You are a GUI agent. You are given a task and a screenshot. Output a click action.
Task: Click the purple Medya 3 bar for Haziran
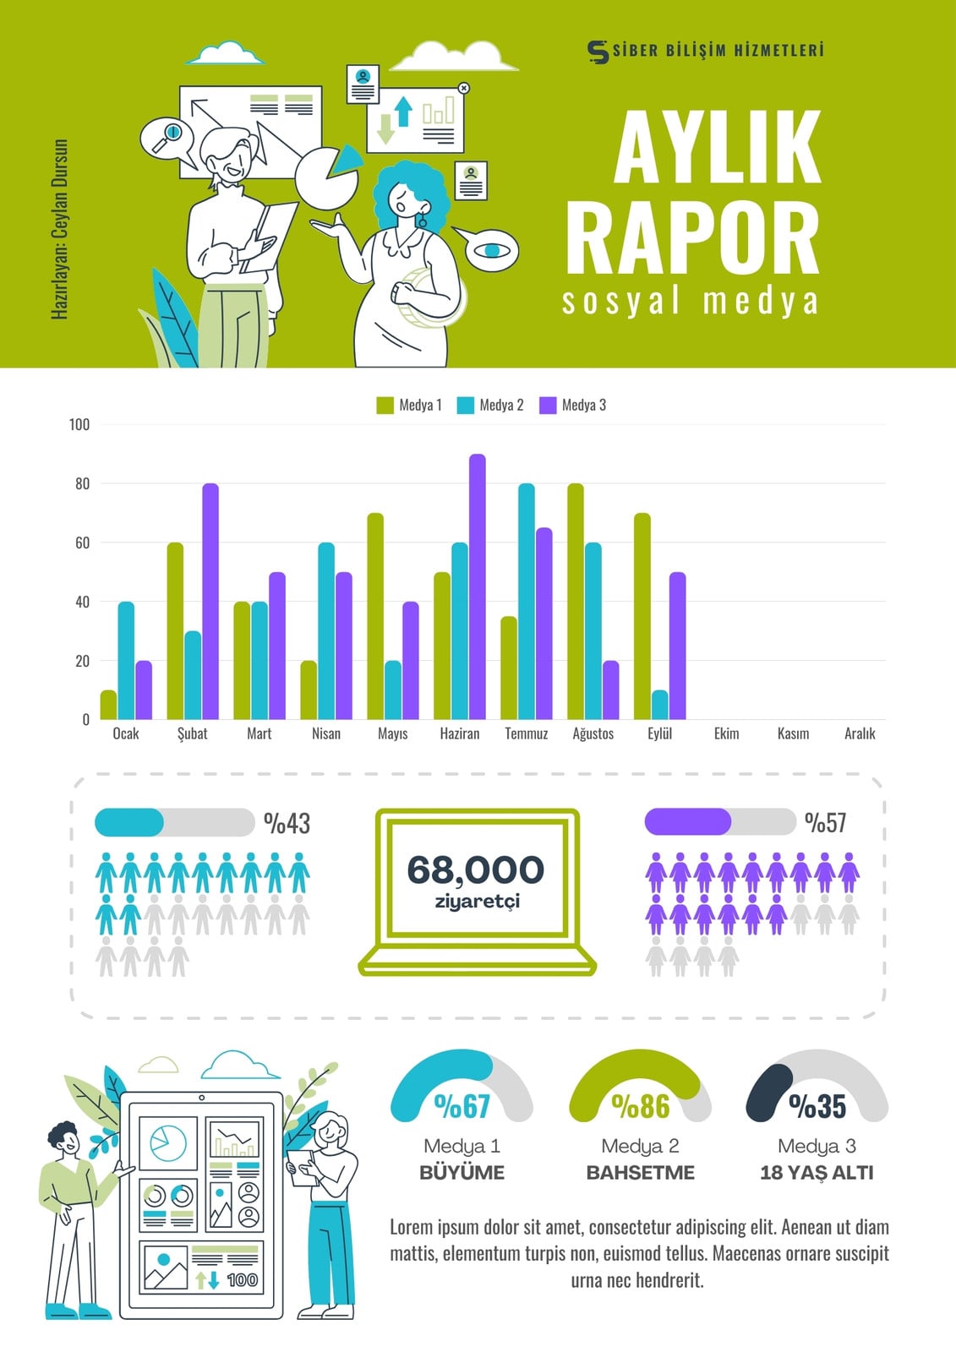[x=477, y=586]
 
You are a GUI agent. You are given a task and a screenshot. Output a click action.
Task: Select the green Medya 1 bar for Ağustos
[x=576, y=601]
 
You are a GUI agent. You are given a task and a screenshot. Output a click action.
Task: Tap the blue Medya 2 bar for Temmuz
[x=526, y=601]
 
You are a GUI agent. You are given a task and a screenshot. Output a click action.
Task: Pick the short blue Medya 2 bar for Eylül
[x=660, y=705]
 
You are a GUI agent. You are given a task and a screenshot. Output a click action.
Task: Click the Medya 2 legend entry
[x=490, y=405]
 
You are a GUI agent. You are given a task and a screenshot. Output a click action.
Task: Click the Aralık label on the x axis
[x=860, y=733]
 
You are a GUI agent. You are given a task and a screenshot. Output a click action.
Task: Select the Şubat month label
[x=192, y=734]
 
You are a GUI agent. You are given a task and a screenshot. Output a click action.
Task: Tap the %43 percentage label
[x=287, y=823]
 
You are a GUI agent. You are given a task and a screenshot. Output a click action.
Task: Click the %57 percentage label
[x=826, y=822]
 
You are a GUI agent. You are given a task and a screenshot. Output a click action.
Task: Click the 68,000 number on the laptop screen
[x=476, y=870]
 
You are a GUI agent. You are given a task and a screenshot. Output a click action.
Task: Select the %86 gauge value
[x=641, y=1106]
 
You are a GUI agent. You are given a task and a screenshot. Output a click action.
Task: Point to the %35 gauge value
[x=817, y=1106]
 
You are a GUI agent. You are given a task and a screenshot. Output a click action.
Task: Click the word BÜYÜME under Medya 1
[x=462, y=1172]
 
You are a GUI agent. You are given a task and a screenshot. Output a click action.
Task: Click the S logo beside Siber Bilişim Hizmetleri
[x=598, y=52]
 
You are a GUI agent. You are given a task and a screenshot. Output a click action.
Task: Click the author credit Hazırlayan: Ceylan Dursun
[x=59, y=229]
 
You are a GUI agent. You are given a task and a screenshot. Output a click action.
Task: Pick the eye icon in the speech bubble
[x=492, y=250]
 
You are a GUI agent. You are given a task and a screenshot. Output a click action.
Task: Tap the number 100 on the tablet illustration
[x=243, y=1279]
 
